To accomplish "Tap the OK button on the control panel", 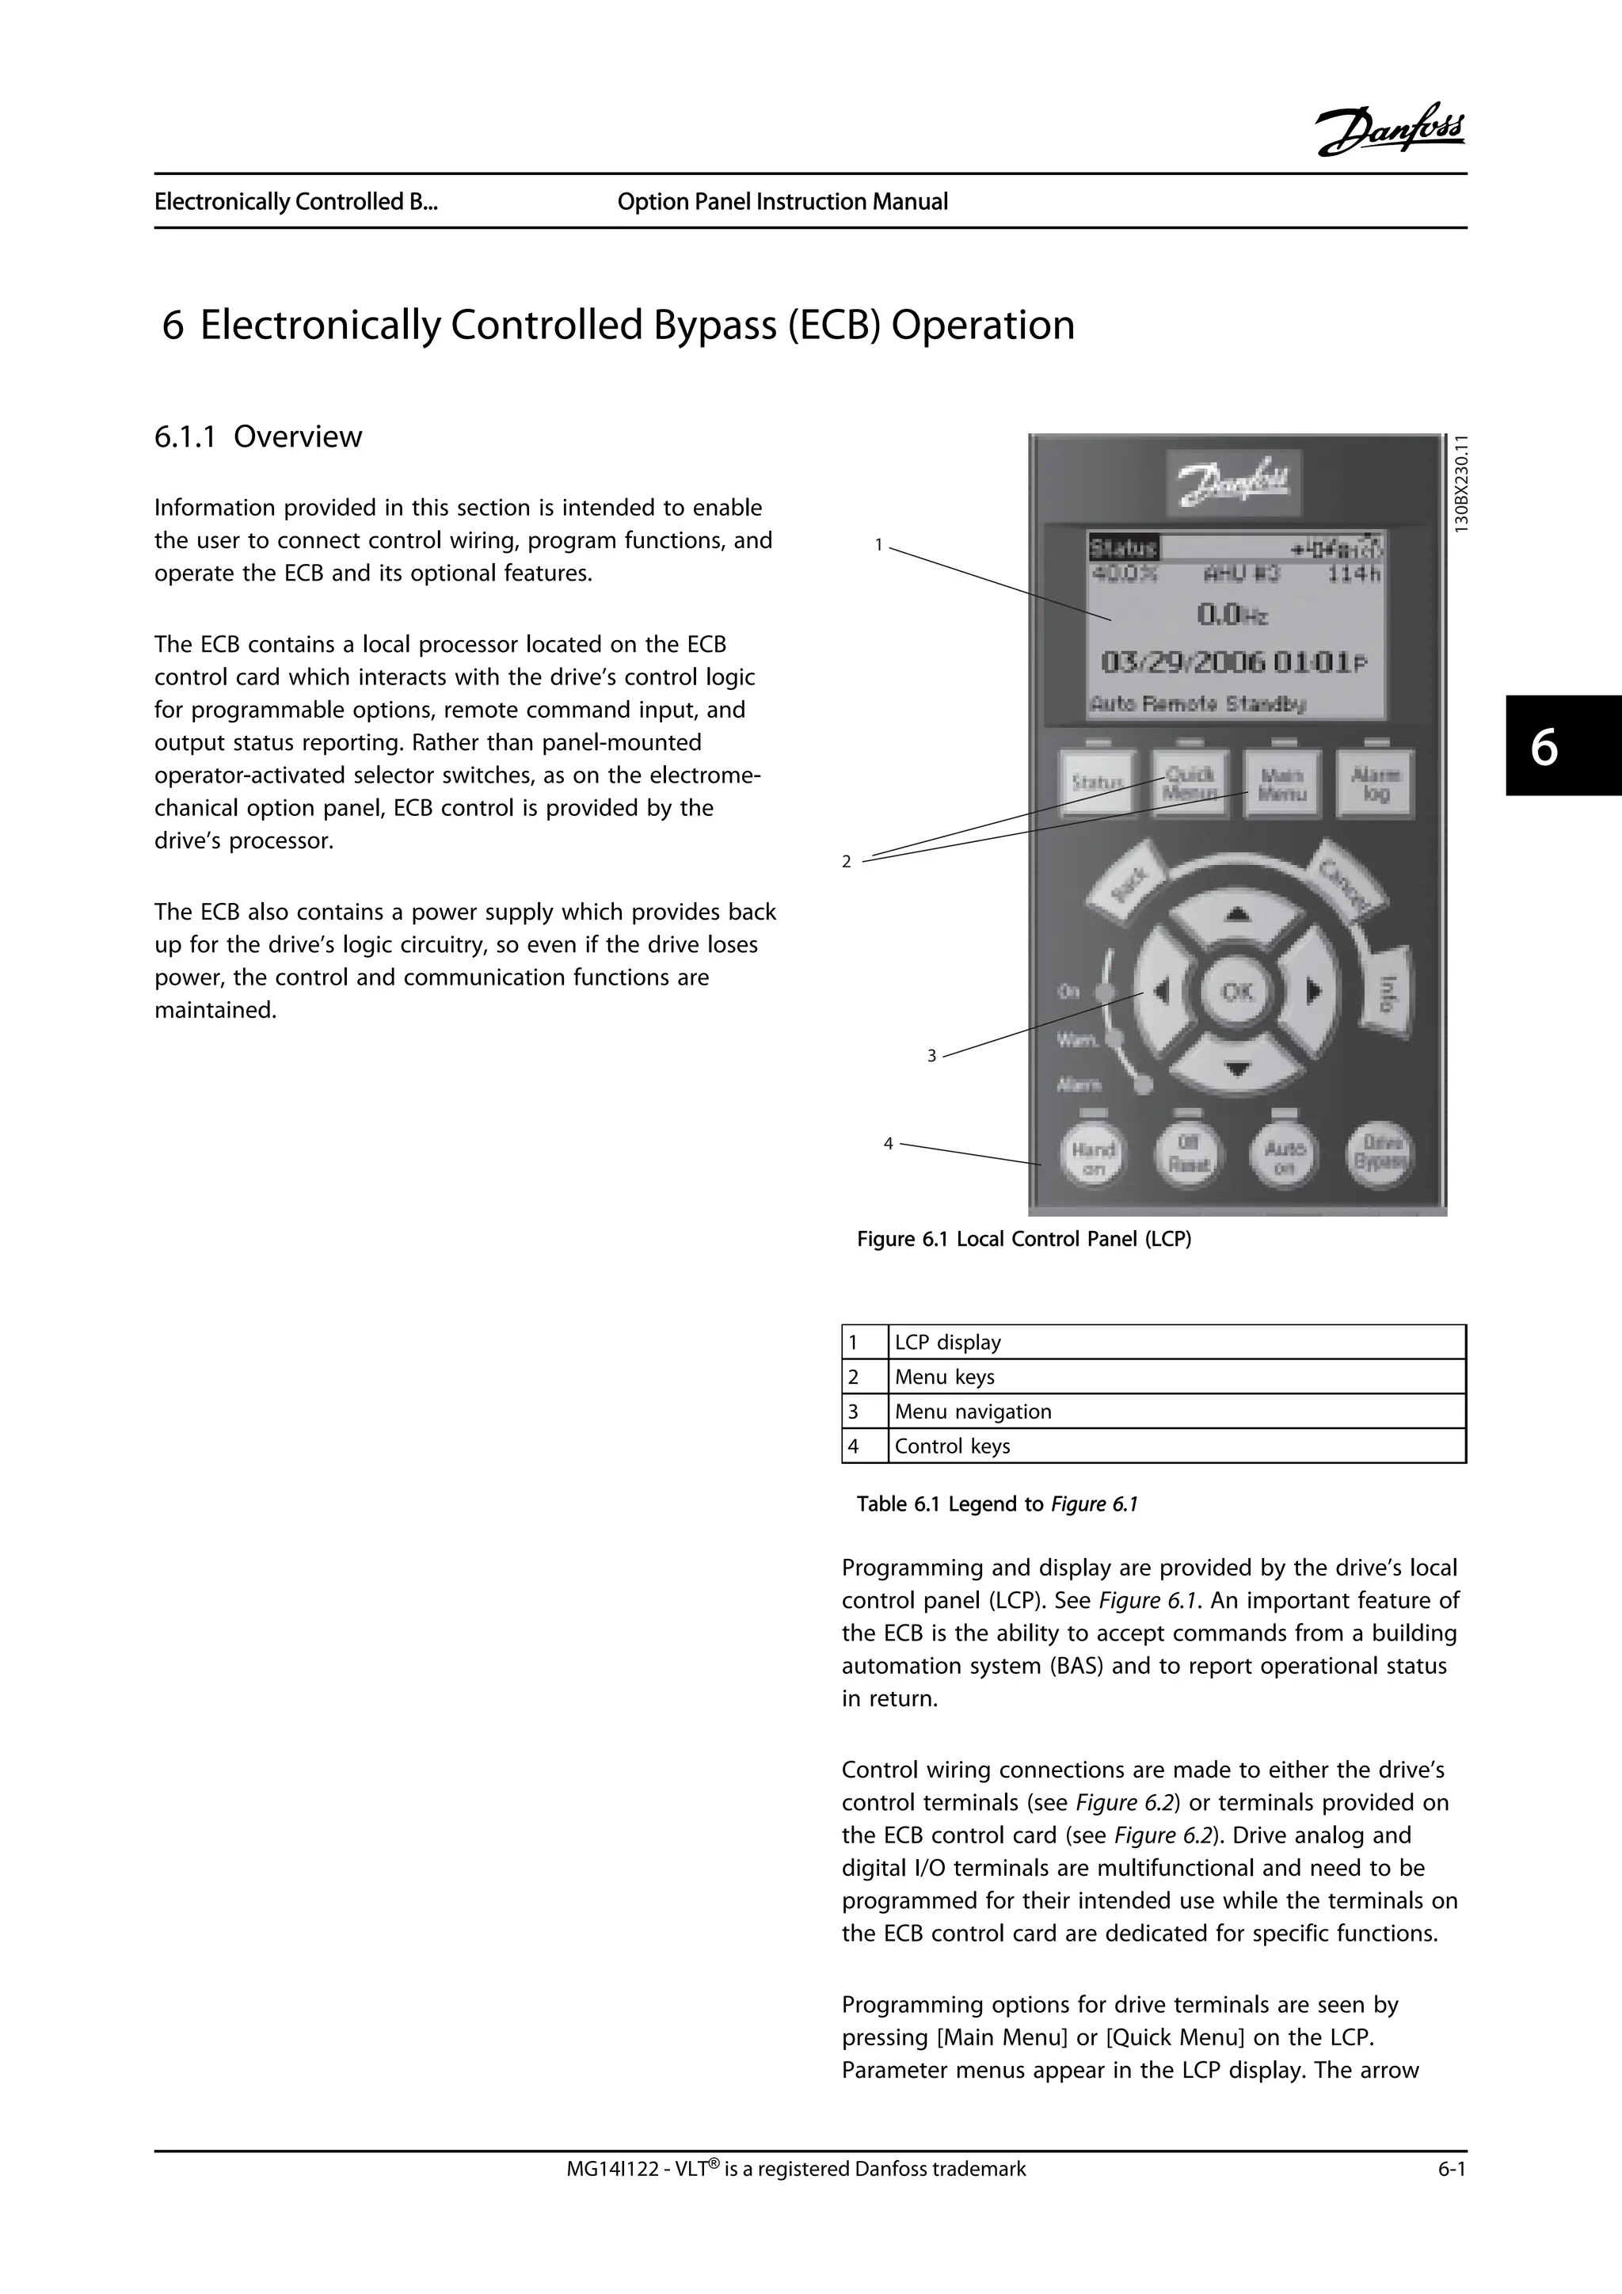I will (1236, 991).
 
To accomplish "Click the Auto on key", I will (1285, 1157).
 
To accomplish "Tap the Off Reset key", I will (1189, 1156).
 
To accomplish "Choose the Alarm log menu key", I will (1376, 784).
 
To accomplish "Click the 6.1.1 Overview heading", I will (257, 436).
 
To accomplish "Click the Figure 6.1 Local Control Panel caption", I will (1024, 1239).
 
